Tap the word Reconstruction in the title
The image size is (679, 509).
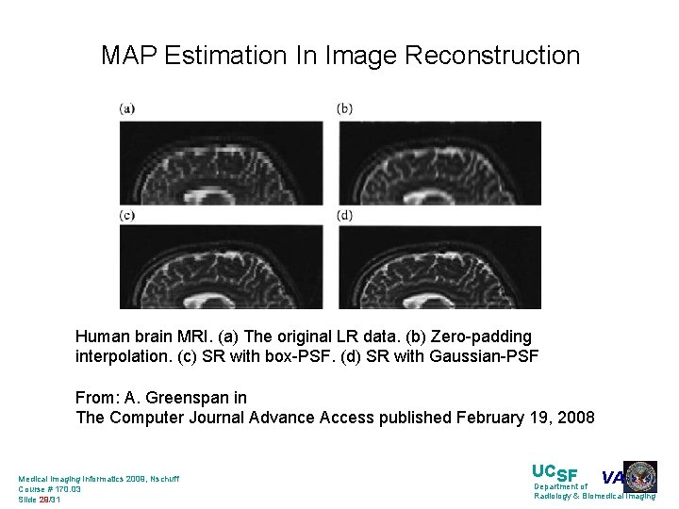coord(492,56)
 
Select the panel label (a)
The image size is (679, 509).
coord(127,108)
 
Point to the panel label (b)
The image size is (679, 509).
coord(345,108)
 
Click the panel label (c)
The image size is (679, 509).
coord(127,215)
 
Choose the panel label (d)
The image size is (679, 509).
coord(345,215)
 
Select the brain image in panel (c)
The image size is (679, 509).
coord(221,268)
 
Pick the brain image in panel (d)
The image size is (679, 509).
coord(439,268)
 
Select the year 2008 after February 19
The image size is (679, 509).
coord(575,418)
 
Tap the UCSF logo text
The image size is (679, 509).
coord(555,472)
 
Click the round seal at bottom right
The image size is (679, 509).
coord(640,477)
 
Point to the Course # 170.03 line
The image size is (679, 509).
coord(50,489)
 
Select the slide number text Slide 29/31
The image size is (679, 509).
coord(40,500)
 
